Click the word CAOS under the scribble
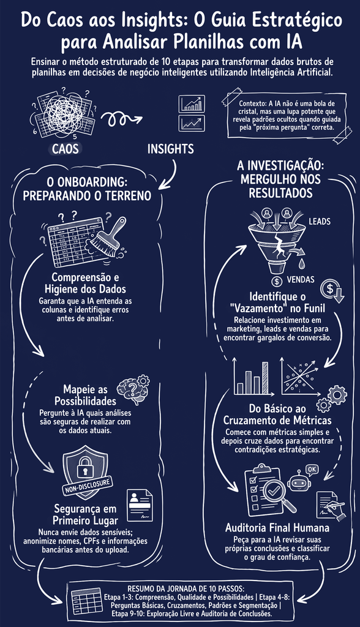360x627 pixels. (x=65, y=149)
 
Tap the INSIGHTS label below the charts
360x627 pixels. (x=171, y=149)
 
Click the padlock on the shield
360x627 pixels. (x=86, y=465)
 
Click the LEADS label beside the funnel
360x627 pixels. (x=320, y=221)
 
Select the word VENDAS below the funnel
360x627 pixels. (x=301, y=279)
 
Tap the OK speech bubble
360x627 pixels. (x=312, y=469)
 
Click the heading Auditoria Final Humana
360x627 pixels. (x=277, y=527)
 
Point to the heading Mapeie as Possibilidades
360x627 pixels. (x=85, y=395)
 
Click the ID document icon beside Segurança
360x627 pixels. (x=140, y=505)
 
